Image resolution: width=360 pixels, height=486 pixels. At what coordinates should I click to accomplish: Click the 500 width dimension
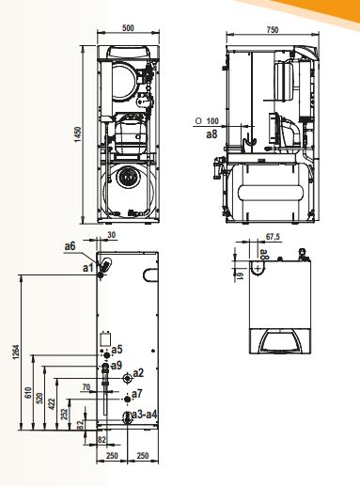click(x=128, y=27)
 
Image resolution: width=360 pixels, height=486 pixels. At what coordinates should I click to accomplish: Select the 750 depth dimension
click(x=273, y=30)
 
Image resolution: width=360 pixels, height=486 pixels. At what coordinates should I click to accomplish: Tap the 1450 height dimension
click(x=78, y=134)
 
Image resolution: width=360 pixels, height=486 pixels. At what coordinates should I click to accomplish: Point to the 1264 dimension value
click(x=16, y=353)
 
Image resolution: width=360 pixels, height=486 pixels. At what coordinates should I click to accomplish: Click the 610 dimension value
click(x=28, y=393)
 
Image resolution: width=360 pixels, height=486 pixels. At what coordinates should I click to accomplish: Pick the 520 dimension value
click(x=39, y=399)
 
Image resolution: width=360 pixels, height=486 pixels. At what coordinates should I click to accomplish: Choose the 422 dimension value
click(x=52, y=404)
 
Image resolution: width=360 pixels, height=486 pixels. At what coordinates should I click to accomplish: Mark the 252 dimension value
click(x=64, y=415)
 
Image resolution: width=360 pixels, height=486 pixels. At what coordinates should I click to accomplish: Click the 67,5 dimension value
click(x=273, y=237)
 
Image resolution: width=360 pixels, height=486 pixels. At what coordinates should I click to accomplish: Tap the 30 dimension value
click(x=112, y=235)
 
